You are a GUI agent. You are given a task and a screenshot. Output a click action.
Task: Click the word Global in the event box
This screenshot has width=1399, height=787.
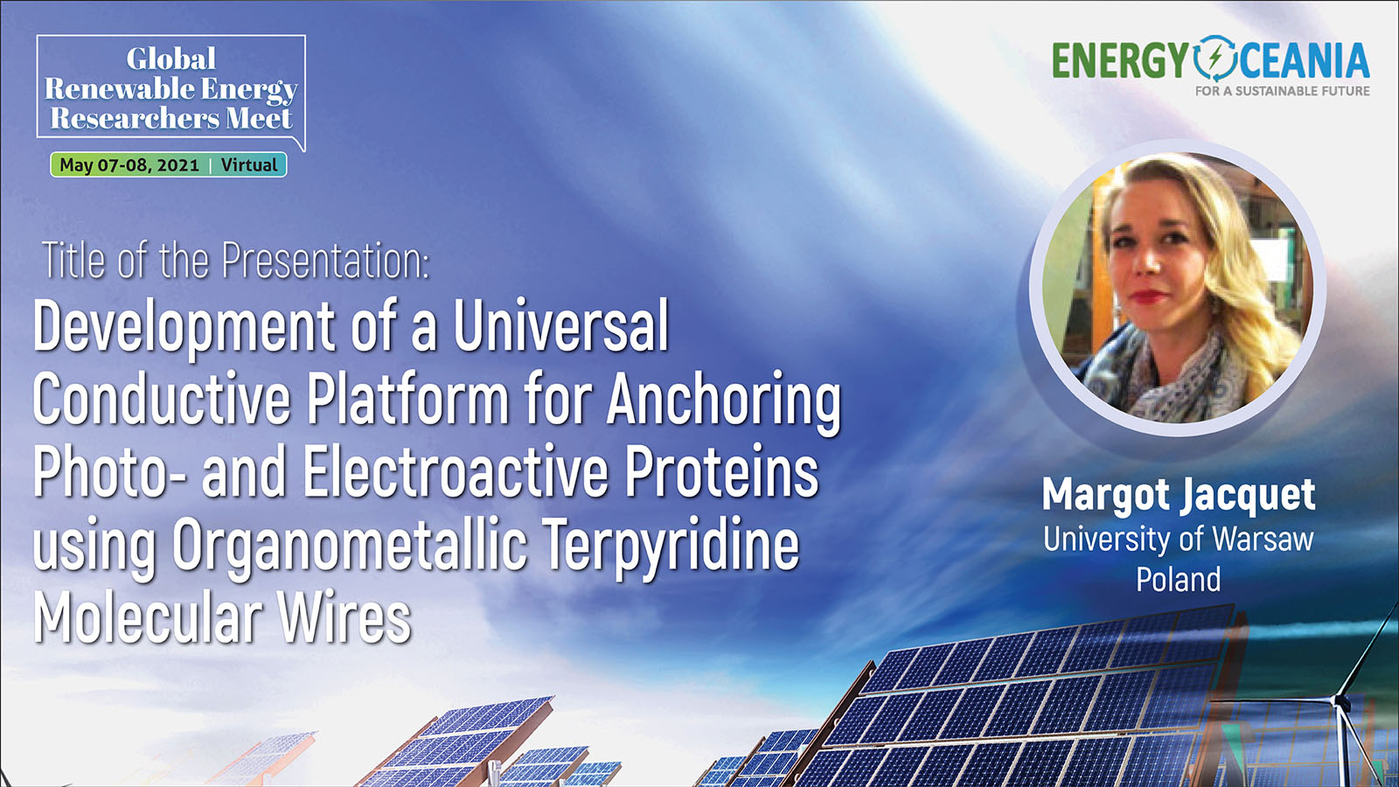(x=171, y=59)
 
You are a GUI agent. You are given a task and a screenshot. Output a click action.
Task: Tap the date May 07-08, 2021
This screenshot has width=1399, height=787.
(x=129, y=165)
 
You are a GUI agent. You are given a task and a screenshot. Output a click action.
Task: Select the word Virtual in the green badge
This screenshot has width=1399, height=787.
(x=249, y=165)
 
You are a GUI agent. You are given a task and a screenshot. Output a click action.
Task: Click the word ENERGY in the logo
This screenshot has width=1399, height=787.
(x=1120, y=60)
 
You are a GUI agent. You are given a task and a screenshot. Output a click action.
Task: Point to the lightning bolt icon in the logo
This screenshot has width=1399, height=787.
(x=1215, y=59)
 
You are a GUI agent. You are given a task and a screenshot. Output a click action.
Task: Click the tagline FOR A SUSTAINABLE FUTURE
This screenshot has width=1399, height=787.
(x=1282, y=91)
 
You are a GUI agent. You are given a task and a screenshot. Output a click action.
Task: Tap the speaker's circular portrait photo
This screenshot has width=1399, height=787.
(x=1177, y=287)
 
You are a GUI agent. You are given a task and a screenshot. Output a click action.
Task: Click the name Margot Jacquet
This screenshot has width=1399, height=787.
(x=1179, y=495)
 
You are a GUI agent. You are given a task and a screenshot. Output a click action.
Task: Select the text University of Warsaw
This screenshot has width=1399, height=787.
(x=1179, y=540)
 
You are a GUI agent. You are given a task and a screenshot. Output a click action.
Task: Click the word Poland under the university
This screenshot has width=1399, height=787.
(x=1179, y=579)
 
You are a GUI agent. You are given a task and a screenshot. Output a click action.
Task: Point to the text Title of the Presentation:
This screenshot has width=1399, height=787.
(x=235, y=260)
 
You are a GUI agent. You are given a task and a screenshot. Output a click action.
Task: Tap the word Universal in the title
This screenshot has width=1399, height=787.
(x=560, y=325)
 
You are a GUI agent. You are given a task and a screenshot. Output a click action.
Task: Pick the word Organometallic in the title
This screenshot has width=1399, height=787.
(x=350, y=546)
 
